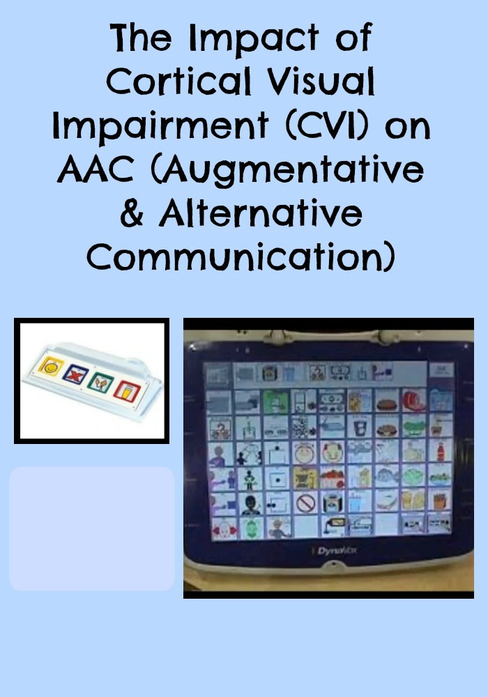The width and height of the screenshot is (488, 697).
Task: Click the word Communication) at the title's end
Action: coord(244,257)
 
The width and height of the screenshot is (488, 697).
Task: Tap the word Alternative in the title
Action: coord(261,214)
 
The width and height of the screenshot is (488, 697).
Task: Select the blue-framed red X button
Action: coord(74,374)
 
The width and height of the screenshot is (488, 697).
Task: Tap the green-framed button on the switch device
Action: coord(99,381)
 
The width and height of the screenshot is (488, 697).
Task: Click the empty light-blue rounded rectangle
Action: coord(91,528)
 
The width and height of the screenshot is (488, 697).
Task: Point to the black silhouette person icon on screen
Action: coord(250,503)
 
